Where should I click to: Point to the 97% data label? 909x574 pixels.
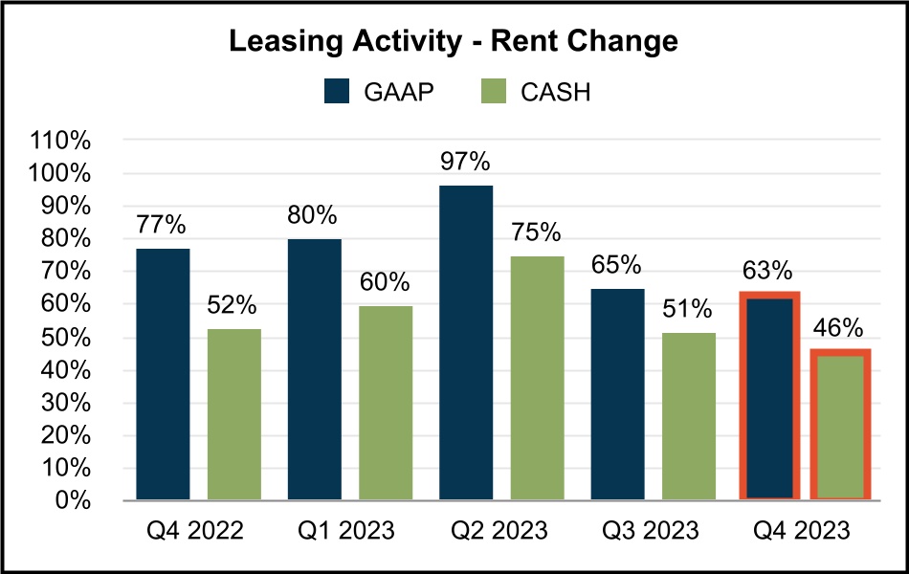466,161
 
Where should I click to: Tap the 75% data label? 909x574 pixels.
537,232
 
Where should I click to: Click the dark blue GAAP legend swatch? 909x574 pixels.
339,92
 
